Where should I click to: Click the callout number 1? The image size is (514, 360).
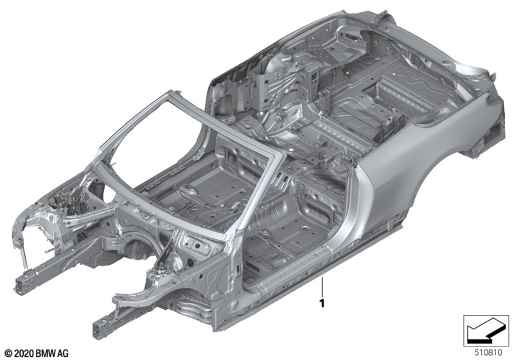pyautogui.click(x=323, y=303)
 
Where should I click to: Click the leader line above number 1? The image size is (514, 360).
pyautogui.click(x=323, y=286)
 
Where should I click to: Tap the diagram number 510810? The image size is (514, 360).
pyautogui.click(x=488, y=353)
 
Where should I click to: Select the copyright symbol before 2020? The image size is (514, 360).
pyautogui.click(x=9, y=354)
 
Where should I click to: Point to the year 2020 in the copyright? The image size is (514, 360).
pyautogui.click(x=24, y=354)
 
